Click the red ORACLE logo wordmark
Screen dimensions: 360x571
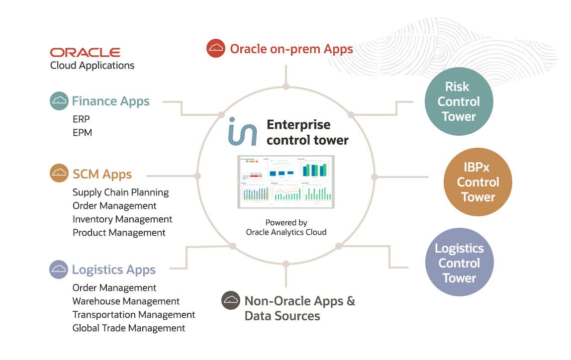click(x=85, y=53)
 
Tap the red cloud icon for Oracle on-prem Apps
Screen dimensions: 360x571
click(x=216, y=48)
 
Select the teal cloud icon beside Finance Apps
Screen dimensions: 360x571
click(x=59, y=101)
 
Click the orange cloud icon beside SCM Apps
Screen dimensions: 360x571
click(x=59, y=173)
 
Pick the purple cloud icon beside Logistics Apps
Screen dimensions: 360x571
click(x=59, y=270)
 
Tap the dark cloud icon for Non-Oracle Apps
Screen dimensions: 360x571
click(x=231, y=300)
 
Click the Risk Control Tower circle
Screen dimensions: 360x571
click(x=459, y=101)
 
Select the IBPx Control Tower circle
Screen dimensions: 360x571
click(x=477, y=182)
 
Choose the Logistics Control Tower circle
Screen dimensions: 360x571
click(x=459, y=263)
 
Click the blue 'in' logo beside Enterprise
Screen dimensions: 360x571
click(x=243, y=131)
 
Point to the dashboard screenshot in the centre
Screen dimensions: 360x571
click(x=286, y=181)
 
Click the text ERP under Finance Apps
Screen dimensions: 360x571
click(x=82, y=119)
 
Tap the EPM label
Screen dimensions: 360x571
click(x=83, y=133)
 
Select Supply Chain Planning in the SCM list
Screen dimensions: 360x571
click(x=121, y=192)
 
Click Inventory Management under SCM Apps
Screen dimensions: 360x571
click(x=122, y=219)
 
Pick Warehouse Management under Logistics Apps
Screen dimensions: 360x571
click(x=126, y=301)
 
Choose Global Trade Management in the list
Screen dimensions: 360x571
click(x=129, y=328)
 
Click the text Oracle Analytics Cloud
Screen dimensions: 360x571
click(x=286, y=232)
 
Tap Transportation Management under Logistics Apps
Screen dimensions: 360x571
click(x=134, y=315)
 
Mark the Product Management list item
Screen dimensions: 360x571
click(x=119, y=233)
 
